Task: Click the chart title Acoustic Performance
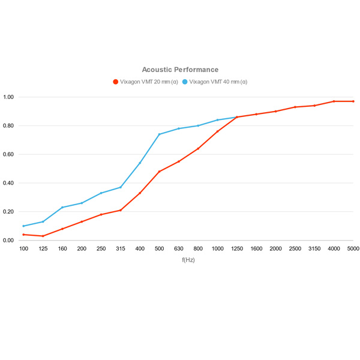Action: tap(180, 70)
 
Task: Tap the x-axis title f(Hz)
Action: tap(188, 260)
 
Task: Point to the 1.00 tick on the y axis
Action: tap(10, 97)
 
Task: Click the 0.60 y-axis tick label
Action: tap(10, 154)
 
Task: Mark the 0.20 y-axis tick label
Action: tap(10, 212)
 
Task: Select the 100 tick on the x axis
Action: tap(23, 248)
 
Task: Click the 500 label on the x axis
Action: tap(159, 248)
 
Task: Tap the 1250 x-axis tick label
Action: tap(236, 248)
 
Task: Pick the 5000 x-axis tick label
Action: tap(353, 248)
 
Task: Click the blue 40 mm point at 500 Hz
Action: tap(159, 134)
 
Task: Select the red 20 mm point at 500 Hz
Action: tap(159, 172)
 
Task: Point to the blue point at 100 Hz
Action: tap(23, 226)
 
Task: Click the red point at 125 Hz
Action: tap(43, 236)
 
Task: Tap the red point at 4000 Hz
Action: tap(334, 101)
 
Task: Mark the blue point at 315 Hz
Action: tap(121, 187)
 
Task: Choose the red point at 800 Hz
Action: tap(198, 149)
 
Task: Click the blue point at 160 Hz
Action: tap(62, 208)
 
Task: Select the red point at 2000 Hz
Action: tap(275, 112)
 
